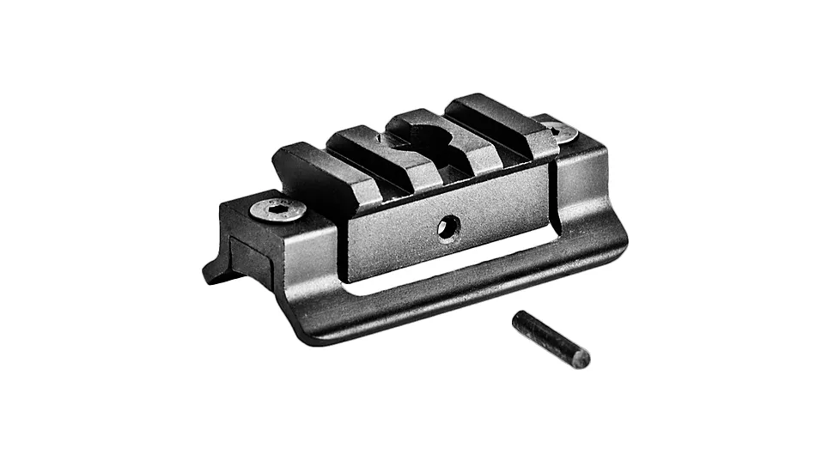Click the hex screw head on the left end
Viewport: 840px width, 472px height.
[278, 209]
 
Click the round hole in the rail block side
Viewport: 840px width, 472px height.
[447, 227]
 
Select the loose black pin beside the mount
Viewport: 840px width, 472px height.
[551, 339]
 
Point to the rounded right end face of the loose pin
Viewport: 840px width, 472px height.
[581, 358]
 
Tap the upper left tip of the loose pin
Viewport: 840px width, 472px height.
[519, 319]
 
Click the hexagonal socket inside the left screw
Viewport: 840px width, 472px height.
[277, 208]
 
